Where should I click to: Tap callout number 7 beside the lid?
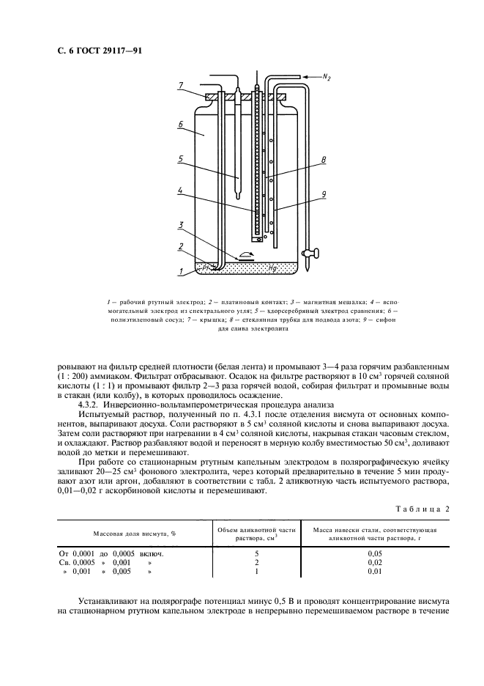(x=180, y=86)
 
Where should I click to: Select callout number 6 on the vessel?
(x=180, y=125)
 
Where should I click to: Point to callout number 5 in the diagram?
(x=180, y=158)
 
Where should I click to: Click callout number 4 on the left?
(x=180, y=190)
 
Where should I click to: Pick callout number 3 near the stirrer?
(x=180, y=224)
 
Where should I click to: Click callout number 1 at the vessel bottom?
(x=180, y=270)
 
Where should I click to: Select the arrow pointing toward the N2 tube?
(x=308, y=75)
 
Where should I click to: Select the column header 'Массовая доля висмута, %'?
(x=129, y=533)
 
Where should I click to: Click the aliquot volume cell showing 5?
(x=256, y=553)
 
